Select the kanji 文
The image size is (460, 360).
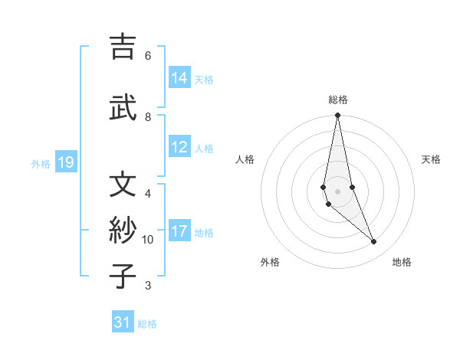click(x=123, y=185)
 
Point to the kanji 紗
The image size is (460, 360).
click(x=123, y=231)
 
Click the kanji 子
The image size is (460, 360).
click(x=123, y=277)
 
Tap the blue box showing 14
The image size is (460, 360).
click(x=179, y=78)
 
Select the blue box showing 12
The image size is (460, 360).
click(x=179, y=148)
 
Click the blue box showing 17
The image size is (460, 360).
click(x=179, y=232)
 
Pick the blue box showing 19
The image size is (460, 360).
click(x=65, y=162)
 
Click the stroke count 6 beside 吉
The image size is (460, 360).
click(x=148, y=55)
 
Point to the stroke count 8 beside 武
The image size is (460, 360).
click(x=148, y=116)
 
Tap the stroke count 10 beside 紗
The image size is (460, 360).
click(x=148, y=240)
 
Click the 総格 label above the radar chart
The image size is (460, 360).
click(x=338, y=100)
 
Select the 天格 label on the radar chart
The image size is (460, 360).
click(x=431, y=159)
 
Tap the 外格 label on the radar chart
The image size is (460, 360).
click(x=270, y=262)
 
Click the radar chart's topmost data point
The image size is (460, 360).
click(x=338, y=116)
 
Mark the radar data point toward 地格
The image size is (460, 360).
click(x=374, y=242)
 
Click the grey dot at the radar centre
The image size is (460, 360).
click(x=338, y=191)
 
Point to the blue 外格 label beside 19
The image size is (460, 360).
click(x=41, y=163)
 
